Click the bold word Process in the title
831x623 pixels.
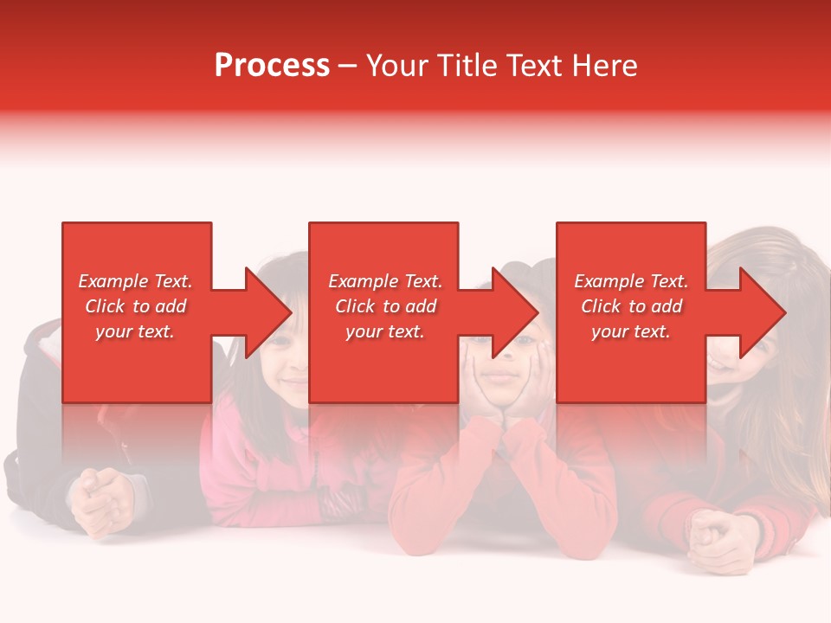click(x=272, y=66)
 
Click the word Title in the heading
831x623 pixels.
click(x=467, y=66)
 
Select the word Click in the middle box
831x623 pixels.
click(x=355, y=306)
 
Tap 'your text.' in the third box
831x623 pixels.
click(x=630, y=331)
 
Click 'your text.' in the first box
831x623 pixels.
click(x=135, y=331)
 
